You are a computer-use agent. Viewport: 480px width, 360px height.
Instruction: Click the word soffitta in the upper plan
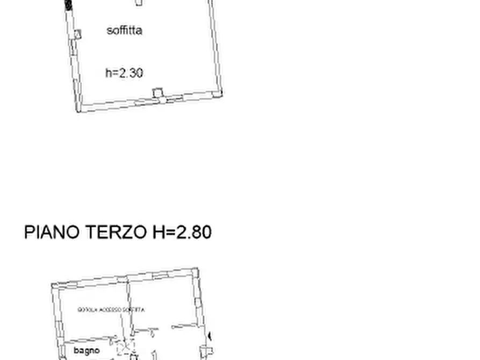[x=124, y=30]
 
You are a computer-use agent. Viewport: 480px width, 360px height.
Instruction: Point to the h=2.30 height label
[x=124, y=73]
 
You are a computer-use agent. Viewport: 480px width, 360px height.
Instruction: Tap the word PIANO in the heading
[x=52, y=232]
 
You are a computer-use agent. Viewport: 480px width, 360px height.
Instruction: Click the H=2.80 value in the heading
[x=182, y=232]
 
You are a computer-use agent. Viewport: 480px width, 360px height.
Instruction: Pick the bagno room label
[x=87, y=350]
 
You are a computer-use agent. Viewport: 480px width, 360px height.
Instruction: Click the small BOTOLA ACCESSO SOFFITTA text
[x=111, y=309]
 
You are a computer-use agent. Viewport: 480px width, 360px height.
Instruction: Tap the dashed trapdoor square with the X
[x=125, y=350]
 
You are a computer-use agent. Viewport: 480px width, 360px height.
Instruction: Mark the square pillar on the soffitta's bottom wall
[x=157, y=93]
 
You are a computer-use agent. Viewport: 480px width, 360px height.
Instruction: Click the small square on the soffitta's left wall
[x=77, y=34]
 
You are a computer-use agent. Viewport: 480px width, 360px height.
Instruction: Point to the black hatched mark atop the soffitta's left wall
[x=68, y=5]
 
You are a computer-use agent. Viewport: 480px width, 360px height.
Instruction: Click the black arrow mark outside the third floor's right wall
[x=210, y=336]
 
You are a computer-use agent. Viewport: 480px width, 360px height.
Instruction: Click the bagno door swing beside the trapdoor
[x=113, y=340]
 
